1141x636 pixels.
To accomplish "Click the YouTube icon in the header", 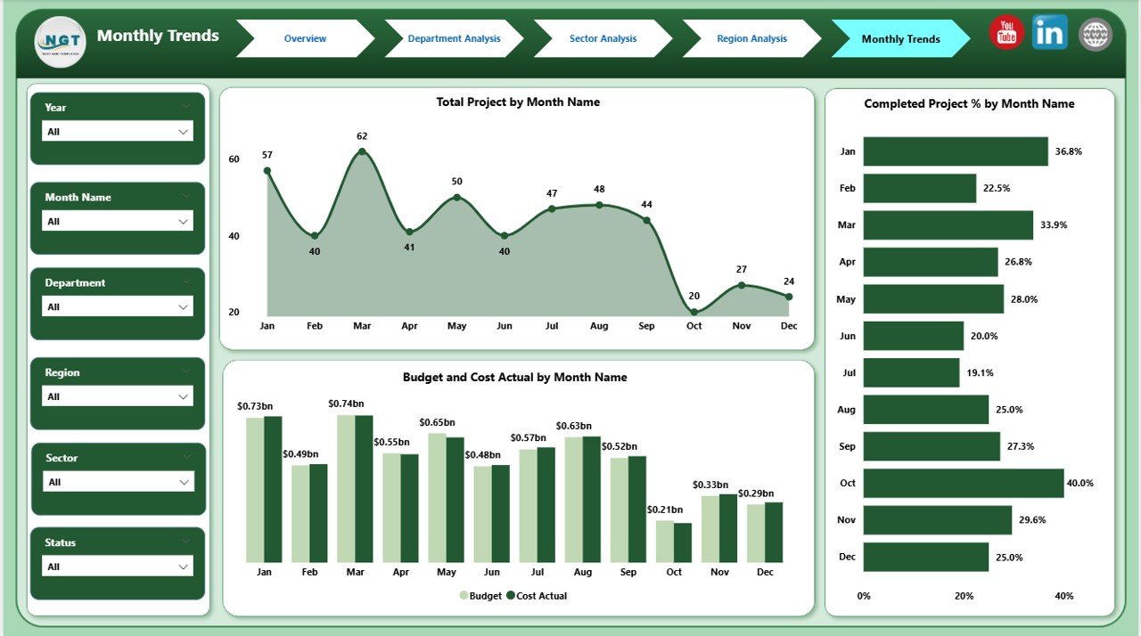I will [1006, 34].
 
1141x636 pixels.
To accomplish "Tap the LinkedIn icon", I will [1049, 33].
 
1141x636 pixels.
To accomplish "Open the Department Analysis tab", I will [454, 39].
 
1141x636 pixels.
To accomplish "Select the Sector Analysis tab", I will [603, 39].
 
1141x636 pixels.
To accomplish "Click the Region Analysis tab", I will [751, 39].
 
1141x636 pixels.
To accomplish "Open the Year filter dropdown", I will [118, 132].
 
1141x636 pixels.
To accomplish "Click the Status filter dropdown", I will [118, 567].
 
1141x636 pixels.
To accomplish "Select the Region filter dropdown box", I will [118, 396].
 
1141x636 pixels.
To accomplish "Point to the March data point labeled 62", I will [362, 151].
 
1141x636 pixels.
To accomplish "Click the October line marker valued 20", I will [694, 312].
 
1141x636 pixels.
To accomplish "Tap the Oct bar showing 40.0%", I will [964, 483].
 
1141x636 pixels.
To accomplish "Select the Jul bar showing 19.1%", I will [911, 372].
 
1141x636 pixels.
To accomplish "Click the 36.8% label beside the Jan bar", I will [1068, 152].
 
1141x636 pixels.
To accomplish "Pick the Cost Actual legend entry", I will [537, 596].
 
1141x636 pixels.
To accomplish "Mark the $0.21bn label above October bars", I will [665, 510].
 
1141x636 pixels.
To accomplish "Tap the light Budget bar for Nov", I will [710, 529].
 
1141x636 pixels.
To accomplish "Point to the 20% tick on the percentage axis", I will [964, 596].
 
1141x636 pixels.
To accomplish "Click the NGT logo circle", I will [61, 41].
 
